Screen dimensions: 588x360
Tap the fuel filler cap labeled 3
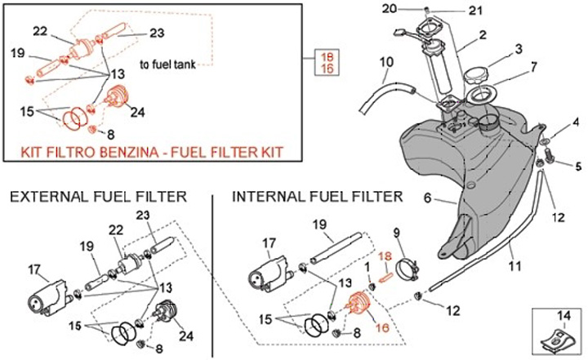pos(478,77)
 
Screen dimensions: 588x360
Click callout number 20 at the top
pos(390,8)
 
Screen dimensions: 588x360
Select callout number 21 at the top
pos(475,11)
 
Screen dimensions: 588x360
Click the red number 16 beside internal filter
pos(382,327)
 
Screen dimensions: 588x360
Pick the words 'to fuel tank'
pos(167,64)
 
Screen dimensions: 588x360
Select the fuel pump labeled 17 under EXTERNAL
pos(49,300)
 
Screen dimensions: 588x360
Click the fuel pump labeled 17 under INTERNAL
pos(268,276)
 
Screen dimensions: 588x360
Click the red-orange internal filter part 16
pos(359,303)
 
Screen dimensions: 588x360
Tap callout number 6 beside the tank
pos(428,197)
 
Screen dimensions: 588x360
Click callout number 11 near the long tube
pos(514,266)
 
